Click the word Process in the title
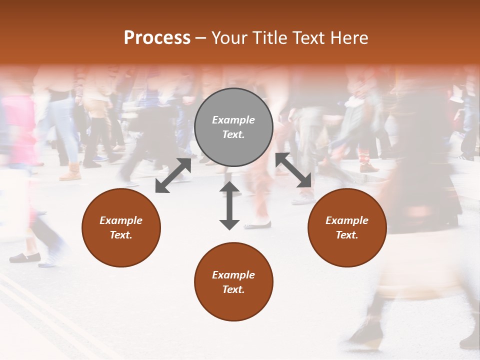157,37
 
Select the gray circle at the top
233,127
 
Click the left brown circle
121,228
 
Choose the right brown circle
347,228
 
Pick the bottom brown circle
233,282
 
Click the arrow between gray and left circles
173,175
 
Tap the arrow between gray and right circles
293,170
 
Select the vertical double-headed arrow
229,205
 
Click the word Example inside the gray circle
233,120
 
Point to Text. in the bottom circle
233,289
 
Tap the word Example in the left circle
121,220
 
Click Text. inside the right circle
347,235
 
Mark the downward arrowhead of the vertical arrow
229,223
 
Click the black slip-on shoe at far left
25,257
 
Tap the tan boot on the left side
70,172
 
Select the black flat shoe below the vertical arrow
258,225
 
